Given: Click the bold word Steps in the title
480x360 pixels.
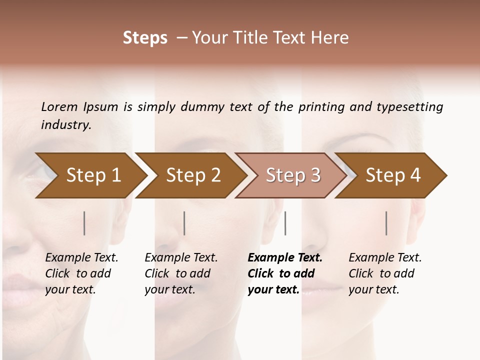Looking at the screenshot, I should click(145, 38).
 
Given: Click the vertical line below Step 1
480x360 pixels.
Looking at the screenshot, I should click(84, 223).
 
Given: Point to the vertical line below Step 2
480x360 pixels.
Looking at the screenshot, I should click(184, 223).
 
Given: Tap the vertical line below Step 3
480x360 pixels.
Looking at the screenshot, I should click(285, 223).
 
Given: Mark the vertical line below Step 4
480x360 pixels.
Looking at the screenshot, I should click(386, 223).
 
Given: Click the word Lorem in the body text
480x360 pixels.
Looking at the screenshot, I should click(59, 107).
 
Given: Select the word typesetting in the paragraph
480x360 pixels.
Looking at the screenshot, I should click(409, 107).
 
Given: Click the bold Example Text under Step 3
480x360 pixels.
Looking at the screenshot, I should click(285, 258).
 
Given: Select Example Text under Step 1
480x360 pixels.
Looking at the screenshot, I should click(81, 258).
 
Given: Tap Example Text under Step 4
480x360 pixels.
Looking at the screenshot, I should click(385, 258).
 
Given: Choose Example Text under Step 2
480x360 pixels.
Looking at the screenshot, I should click(181, 258).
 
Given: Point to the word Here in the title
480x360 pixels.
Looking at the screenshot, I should click(332, 38).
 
